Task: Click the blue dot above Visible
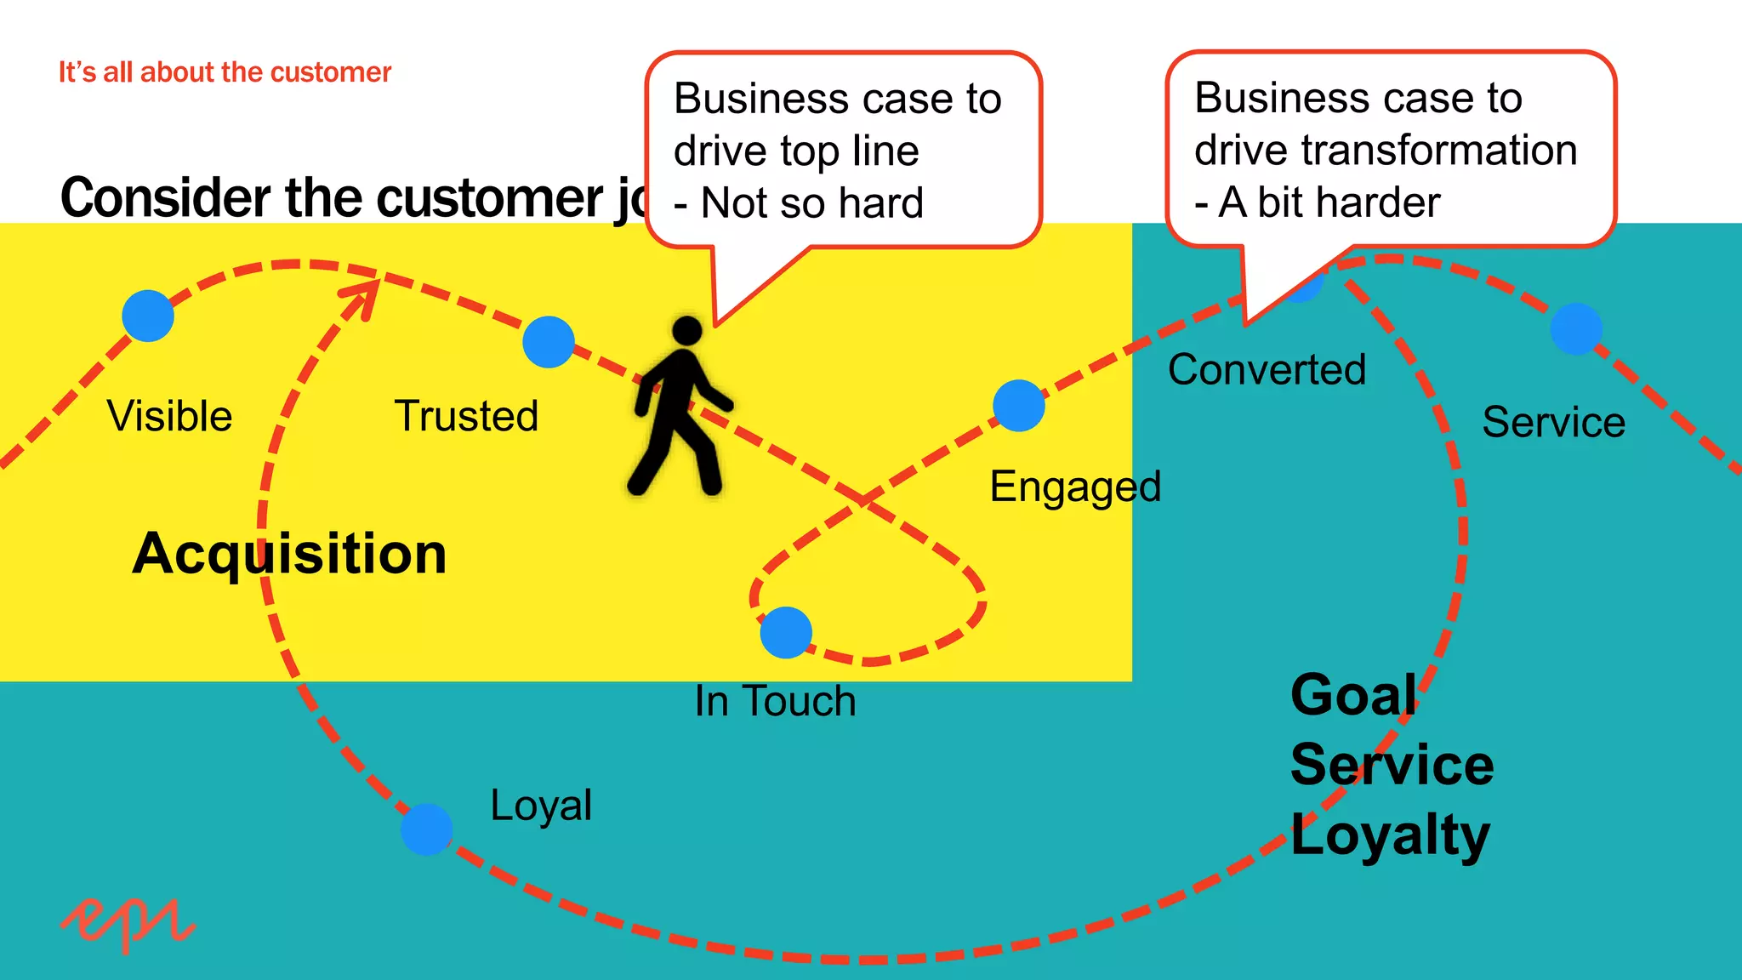[148, 316]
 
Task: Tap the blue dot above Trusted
[549, 342]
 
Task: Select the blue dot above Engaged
[1019, 406]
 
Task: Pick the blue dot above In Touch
[786, 632]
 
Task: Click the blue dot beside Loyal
[427, 829]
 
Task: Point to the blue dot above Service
[1576, 328]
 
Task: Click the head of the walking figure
[686, 331]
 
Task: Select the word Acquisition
[289, 554]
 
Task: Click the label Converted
[1267, 370]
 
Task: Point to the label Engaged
[1075, 487]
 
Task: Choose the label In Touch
[775, 702]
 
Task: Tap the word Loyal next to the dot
[541, 805]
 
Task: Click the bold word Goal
[1353, 695]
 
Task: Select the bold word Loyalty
[1390, 835]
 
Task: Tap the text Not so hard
[811, 203]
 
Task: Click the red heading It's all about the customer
[225, 72]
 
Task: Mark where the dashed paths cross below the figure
[863, 500]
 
